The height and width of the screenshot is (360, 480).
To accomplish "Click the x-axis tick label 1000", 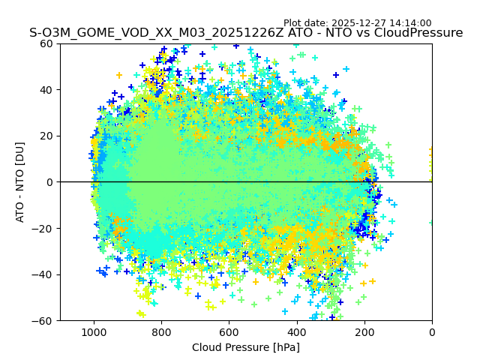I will pyautogui.click(x=94, y=331).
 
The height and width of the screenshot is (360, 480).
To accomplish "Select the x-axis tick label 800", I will pyautogui.click(x=161, y=331).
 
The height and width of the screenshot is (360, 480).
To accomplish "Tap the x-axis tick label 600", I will pyautogui.click(x=229, y=331).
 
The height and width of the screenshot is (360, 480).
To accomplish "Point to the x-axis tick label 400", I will pyautogui.click(x=297, y=331).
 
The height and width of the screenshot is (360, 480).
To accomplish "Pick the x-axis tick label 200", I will pyautogui.click(x=364, y=331).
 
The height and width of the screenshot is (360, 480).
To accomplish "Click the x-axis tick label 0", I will pyautogui.click(x=432, y=331).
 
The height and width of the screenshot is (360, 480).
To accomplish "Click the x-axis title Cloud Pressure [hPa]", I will pyautogui.click(x=246, y=347).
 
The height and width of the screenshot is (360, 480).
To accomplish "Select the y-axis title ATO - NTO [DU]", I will pyautogui.click(x=21, y=182).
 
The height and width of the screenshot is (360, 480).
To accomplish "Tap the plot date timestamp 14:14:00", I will pyautogui.click(x=411, y=23).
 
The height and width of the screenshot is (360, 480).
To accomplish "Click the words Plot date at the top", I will pyautogui.click(x=304, y=23).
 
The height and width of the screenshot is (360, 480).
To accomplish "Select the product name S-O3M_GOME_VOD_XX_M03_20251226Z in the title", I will pyautogui.click(x=143, y=33).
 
